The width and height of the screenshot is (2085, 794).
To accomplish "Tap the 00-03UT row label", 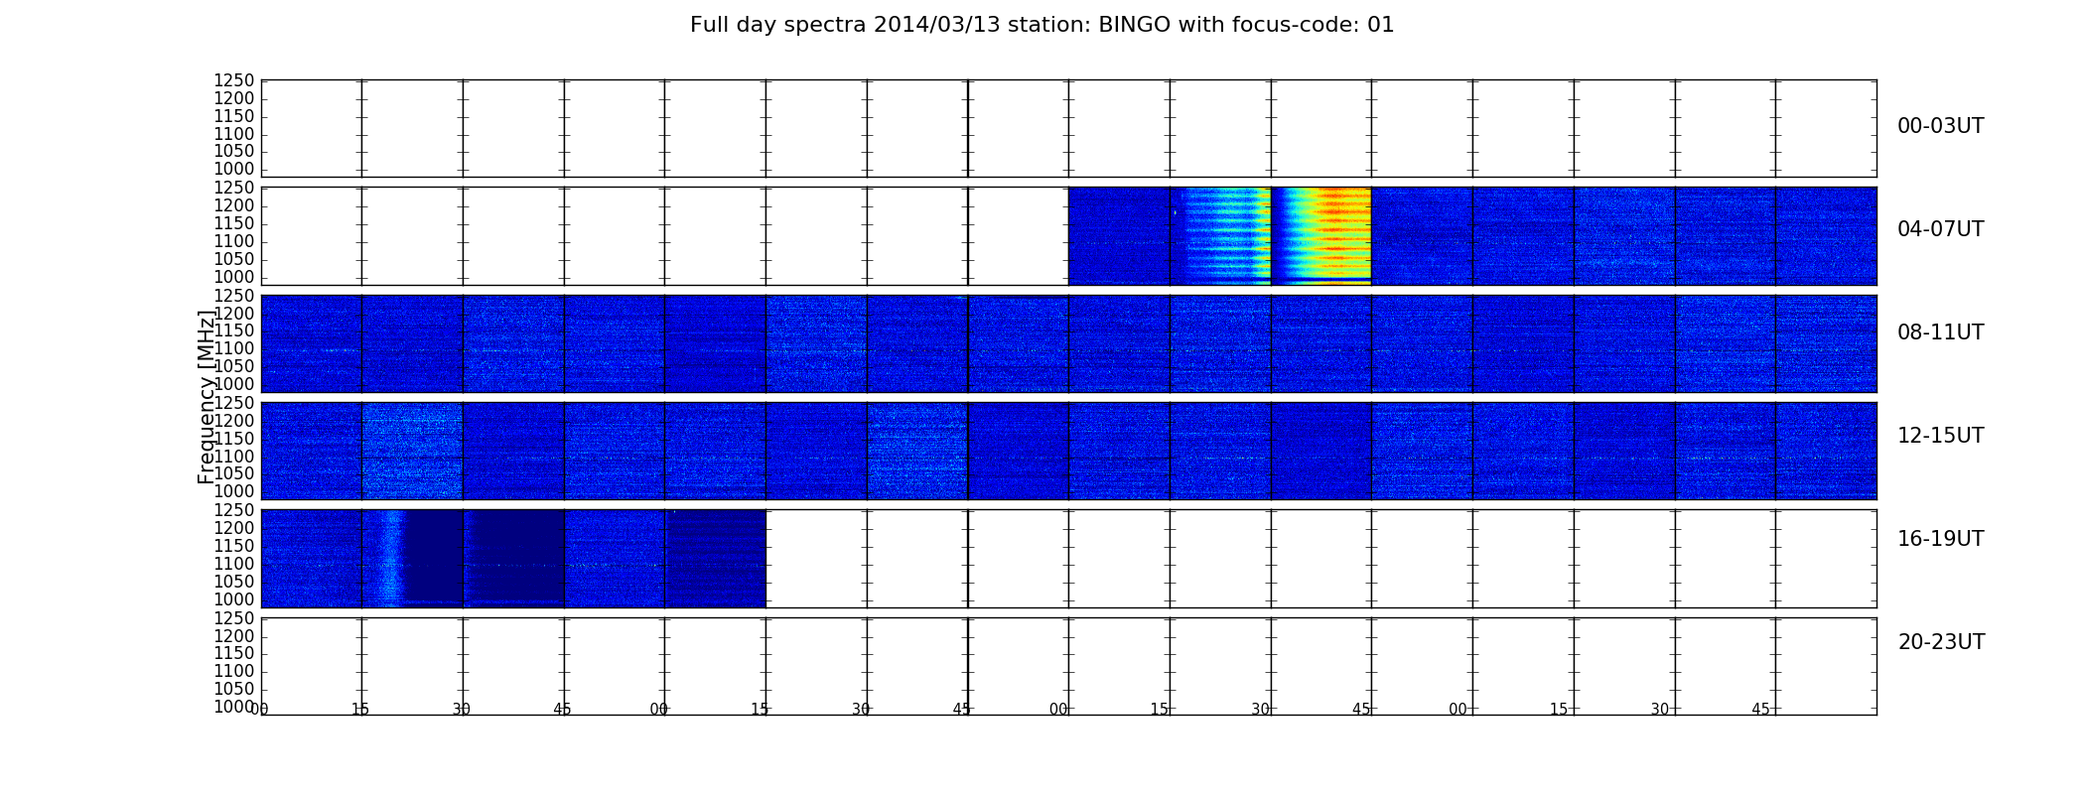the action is click(x=1941, y=126).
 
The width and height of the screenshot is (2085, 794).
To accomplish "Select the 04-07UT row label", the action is click(x=1941, y=229).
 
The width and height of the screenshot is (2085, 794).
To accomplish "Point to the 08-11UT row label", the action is click(x=1941, y=332).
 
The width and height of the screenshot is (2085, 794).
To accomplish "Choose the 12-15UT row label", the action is click(x=1941, y=436).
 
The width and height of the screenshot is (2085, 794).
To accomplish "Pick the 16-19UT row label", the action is click(x=1941, y=539).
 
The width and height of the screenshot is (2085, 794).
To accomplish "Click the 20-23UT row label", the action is click(x=1941, y=642).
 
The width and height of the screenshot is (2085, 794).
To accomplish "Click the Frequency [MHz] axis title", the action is click(x=207, y=397).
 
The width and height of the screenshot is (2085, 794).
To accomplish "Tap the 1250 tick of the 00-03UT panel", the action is click(x=234, y=80).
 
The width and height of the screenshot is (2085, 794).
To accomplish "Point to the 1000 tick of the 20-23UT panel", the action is click(x=234, y=707).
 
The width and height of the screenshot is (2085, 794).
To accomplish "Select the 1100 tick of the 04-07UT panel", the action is click(x=234, y=241).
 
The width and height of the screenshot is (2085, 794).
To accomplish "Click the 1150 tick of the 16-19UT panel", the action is click(x=234, y=546).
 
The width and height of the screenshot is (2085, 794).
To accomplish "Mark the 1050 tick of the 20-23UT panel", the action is click(x=234, y=689).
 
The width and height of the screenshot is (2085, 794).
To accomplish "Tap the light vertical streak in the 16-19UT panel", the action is click(x=392, y=558).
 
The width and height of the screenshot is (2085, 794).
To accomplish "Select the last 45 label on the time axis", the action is click(x=1760, y=710).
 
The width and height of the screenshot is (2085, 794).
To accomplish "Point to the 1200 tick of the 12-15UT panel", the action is click(x=234, y=421).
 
